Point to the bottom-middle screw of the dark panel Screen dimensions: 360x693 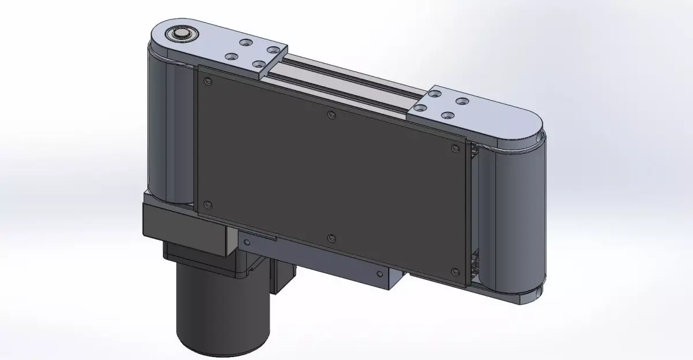coord(331,238)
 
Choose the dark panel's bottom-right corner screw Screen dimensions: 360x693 coord(454,272)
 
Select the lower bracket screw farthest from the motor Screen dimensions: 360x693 coord(379,274)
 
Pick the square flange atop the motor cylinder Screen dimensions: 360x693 coord(202,259)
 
